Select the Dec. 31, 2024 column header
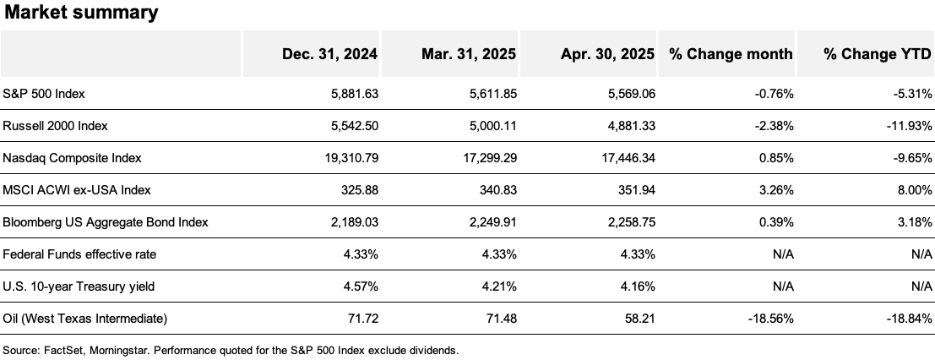tap(329, 54)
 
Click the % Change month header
tap(731, 54)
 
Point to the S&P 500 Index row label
tap(44, 94)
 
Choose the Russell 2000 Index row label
tap(56, 126)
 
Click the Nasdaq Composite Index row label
tap(72, 158)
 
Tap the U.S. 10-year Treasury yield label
tap(79, 286)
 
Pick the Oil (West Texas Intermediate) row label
tap(85, 319)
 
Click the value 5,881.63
tap(350, 94)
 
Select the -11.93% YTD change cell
tap(902, 126)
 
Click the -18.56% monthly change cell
tap(769, 319)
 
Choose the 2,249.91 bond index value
tap(488, 222)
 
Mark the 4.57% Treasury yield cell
tap(357, 286)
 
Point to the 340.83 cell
tap(496, 190)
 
